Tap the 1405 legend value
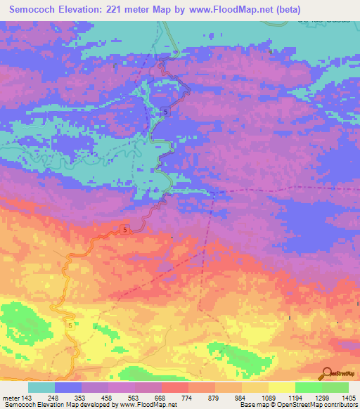(x=349, y=397)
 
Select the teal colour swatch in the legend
(x=41, y=387)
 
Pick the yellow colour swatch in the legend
(x=282, y=387)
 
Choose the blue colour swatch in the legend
(x=68, y=387)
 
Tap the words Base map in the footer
(x=252, y=405)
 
